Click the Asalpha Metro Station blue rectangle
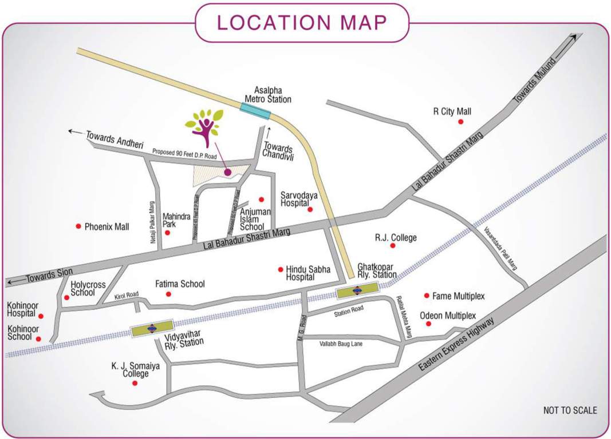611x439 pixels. [x=255, y=110]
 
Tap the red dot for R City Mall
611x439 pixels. [x=460, y=122]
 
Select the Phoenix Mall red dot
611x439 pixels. [x=78, y=226]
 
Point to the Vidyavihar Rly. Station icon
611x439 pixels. [x=152, y=328]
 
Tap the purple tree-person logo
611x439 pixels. [x=204, y=126]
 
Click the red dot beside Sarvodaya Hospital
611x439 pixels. [x=310, y=210]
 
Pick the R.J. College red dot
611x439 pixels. [x=393, y=246]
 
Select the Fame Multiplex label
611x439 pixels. [x=459, y=296]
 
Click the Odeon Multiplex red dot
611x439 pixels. [x=429, y=324]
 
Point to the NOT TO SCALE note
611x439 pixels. [x=570, y=410]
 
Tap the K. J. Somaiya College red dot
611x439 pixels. [x=135, y=384]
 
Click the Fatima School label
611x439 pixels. [x=180, y=284]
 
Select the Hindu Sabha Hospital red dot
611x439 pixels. [x=281, y=269]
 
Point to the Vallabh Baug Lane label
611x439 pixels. [x=341, y=344]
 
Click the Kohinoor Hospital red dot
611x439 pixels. [x=41, y=316]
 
